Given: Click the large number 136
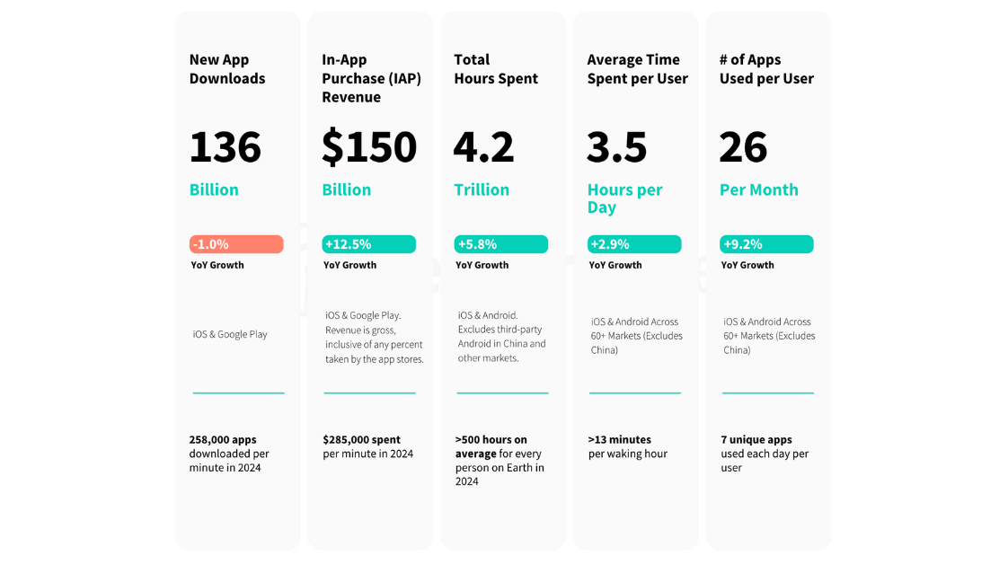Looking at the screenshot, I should (x=225, y=147).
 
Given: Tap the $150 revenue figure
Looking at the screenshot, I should (x=369, y=147).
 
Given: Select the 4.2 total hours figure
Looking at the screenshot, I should (x=483, y=147).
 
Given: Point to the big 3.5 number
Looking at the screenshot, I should (x=616, y=147).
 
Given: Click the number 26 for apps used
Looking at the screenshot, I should (x=743, y=147).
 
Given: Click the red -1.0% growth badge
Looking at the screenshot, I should (x=236, y=244).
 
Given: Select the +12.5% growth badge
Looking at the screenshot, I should (x=368, y=244).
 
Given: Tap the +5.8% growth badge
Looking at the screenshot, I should (x=500, y=244).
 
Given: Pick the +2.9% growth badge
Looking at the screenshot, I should (x=634, y=244).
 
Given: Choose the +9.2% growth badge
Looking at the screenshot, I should (x=766, y=244).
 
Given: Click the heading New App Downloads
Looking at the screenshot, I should (x=227, y=69).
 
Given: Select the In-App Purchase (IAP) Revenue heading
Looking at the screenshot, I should (x=371, y=78).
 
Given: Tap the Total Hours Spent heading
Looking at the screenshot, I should (x=496, y=69).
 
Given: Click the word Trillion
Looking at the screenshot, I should (x=482, y=189).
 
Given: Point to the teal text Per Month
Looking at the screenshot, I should (x=758, y=189).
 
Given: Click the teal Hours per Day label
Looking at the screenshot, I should (x=624, y=198).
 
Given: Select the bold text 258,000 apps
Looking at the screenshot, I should (x=223, y=440).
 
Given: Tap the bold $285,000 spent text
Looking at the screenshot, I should (x=361, y=440).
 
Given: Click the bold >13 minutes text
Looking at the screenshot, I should (x=619, y=440).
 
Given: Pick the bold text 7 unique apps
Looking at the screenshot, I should (x=756, y=440).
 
